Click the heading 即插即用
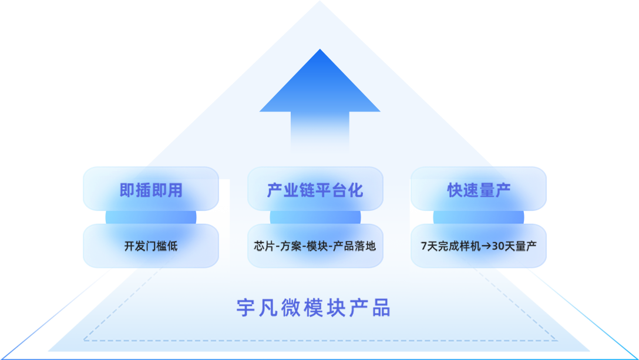click(x=151, y=190)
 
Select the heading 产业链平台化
click(x=315, y=190)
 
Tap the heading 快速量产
click(x=479, y=190)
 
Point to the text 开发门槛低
click(x=151, y=246)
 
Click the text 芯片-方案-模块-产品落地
click(x=315, y=246)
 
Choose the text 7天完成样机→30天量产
click(x=479, y=246)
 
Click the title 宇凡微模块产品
click(x=314, y=308)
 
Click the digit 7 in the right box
click(x=424, y=247)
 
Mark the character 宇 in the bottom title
click(x=245, y=308)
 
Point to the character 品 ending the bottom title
click(x=382, y=308)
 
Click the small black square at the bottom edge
click(x=362, y=355)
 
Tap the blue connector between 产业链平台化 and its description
click(x=315, y=217)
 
